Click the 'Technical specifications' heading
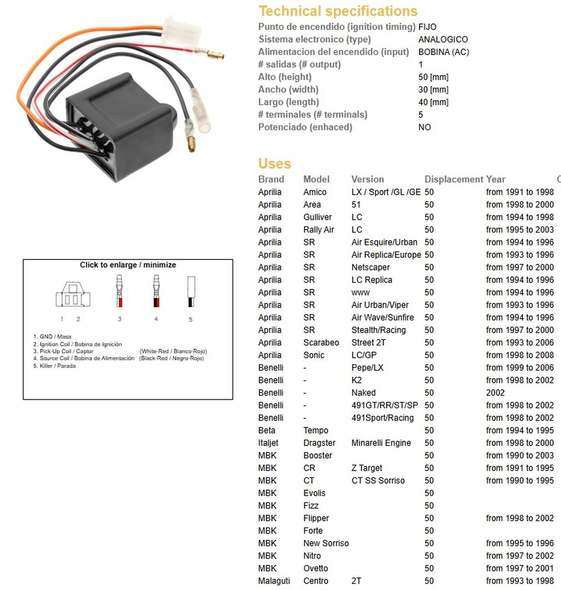(338, 11)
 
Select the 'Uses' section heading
(275, 163)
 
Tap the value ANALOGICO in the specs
(443, 39)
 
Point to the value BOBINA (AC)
(443, 52)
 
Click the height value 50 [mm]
(433, 77)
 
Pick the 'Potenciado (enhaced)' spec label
(305, 127)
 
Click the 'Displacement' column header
(453, 179)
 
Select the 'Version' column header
(367, 179)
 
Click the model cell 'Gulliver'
(317, 217)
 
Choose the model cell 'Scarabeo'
(321, 342)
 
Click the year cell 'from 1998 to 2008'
(519, 355)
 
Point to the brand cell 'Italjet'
(268, 442)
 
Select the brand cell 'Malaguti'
(274, 581)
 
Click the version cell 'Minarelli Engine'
(381, 442)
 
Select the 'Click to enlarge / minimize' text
(128, 265)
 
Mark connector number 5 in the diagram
(191, 292)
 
